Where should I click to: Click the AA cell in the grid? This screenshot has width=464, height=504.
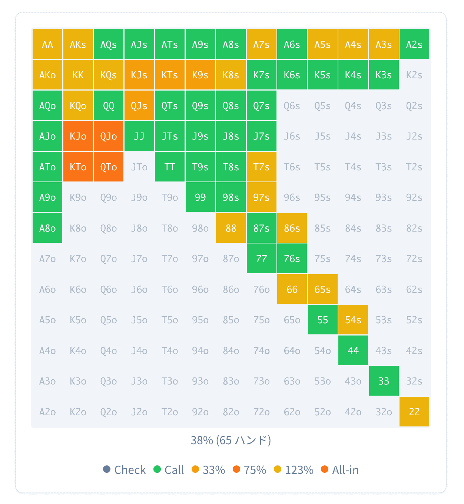(x=47, y=45)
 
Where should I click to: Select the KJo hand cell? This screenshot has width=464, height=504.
(x=78, y=136)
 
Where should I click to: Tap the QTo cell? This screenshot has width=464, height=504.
(x=109, y=167)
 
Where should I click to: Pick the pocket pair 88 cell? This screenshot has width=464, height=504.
(x=231, y=228)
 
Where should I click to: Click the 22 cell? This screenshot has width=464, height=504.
(x=414, y=412)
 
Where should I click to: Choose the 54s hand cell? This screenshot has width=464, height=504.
(x=353, y=320)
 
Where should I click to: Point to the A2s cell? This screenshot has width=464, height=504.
(x=414, y=45)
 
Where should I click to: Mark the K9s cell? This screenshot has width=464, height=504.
(x=200, y=75)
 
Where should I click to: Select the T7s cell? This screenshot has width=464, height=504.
(x=261, y=167)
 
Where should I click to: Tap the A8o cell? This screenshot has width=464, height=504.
(x=47, y=228)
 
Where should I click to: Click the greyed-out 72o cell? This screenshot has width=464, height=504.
(x=261, y=412)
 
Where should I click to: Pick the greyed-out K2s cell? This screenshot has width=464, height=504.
(x=414, y=75)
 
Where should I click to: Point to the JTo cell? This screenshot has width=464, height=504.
(x=139, y=167)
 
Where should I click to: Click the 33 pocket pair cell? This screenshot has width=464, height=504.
(x=384, y=381)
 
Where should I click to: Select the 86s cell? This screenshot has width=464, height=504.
(x=292, y=228)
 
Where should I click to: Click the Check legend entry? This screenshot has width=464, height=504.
(x=125, y=470)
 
